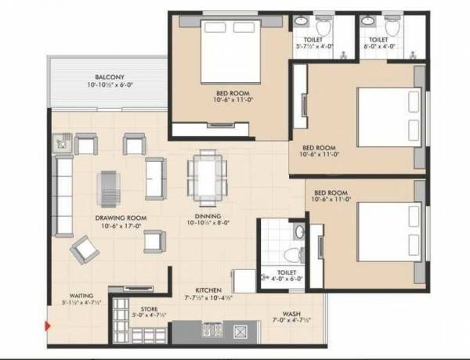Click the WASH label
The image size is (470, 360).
[284, 311]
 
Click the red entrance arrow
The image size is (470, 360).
[49, 326]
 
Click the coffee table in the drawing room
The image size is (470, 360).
[110, 186]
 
